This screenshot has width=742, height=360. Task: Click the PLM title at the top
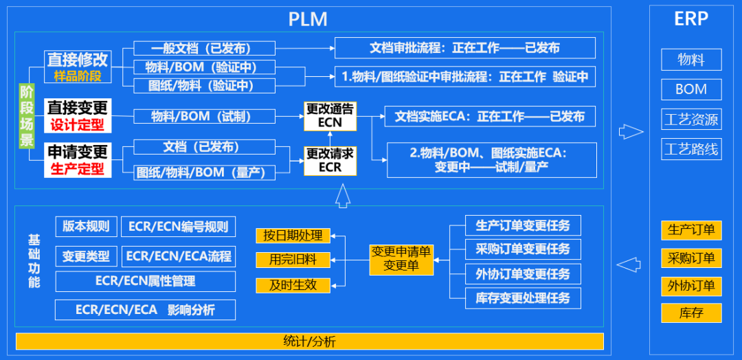pos(308,19)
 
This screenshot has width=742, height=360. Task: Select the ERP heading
pos(691,19)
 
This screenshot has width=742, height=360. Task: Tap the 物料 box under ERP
pos(691,60)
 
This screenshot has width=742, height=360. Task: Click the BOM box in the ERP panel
pos(691,89)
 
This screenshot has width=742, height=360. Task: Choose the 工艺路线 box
pos(691,148)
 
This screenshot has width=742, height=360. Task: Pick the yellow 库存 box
pos(691,313)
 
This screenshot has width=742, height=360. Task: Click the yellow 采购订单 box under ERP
pos(691,258)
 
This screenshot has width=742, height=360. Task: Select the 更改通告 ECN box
pos(330,116)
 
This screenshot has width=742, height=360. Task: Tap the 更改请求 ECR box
pos(330,160)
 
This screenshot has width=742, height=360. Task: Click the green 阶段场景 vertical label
pos(27,116)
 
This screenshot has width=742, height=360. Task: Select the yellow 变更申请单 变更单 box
pos(401,258)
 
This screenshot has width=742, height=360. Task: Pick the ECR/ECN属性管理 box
pos(145,281)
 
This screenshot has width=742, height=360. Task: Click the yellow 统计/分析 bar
pos(309,341)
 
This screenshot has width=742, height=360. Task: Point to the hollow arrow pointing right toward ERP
pos(631,131)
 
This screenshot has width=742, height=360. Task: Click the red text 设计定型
pos(77,125)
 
